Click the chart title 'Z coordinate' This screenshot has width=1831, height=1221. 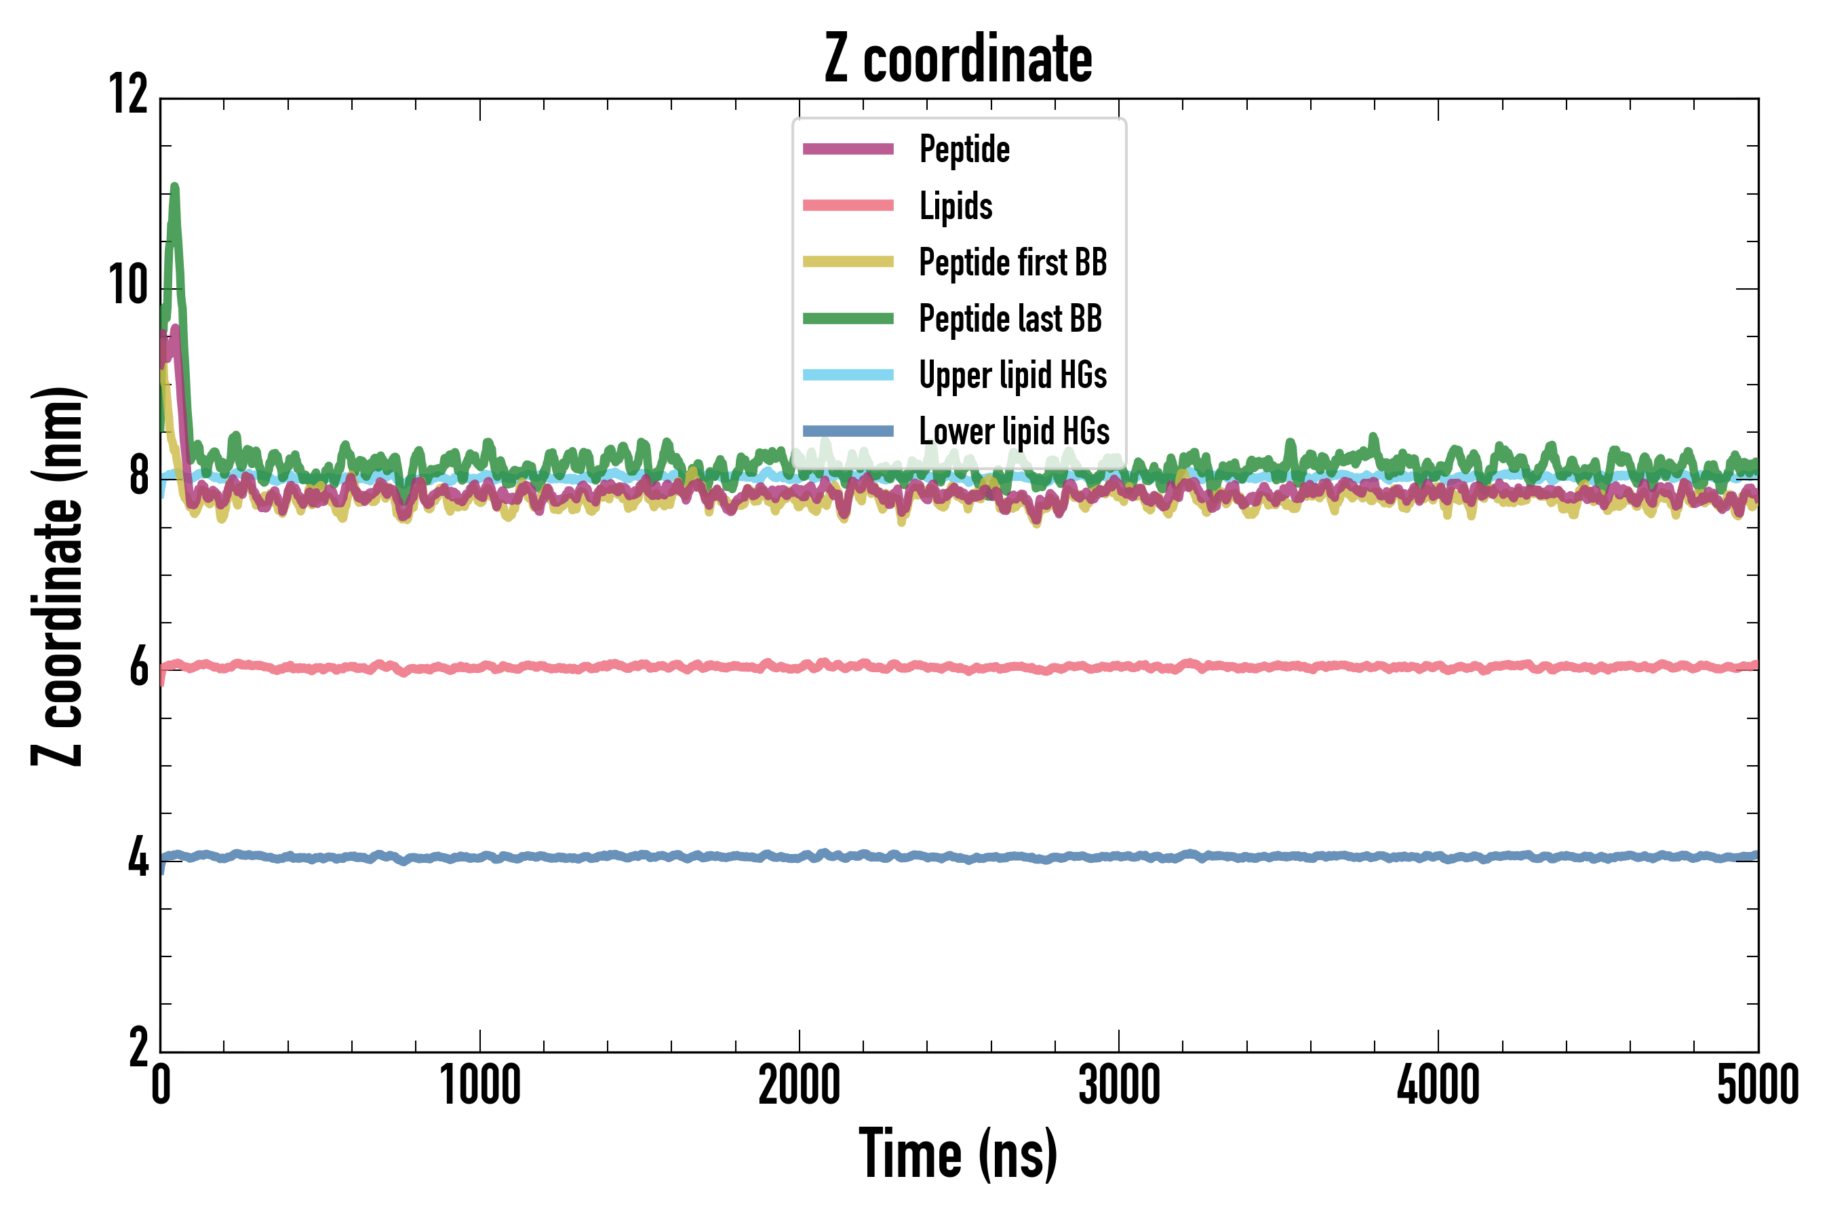[x=958, y=59]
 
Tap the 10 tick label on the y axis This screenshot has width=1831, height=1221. [x=128, y=285]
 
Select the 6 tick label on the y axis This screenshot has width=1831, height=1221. [x=138, y=667]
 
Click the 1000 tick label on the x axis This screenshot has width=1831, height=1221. [x=479, y=1085]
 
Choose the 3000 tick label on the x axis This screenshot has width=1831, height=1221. [x=1119, y=1085]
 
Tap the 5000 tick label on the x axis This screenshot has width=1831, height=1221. [x=1758, y=1085]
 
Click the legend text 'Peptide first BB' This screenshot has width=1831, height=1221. [x=1012, y=263]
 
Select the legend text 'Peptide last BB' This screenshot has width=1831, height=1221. [x=1010, y=319]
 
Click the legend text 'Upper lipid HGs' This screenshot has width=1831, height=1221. [x=1012, y=374]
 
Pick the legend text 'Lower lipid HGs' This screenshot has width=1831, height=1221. [x=1015, y=431]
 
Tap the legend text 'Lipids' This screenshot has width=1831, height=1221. [x=956, y=206]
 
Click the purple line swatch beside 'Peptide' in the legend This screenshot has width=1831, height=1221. [x=848, y=149]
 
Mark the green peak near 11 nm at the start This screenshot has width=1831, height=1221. [x=174, y=188]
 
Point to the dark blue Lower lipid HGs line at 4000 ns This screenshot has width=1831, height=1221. [x=1438, y=857]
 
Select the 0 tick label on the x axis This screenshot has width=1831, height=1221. [x=160, y=1085]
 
